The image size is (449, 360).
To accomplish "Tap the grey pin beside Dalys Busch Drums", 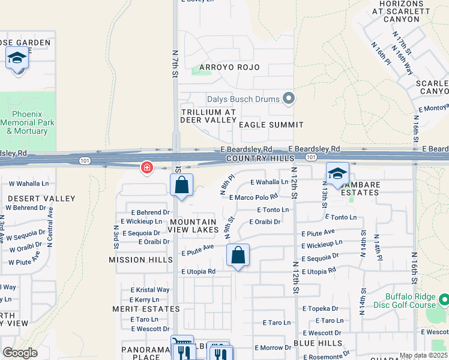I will coord(289,98).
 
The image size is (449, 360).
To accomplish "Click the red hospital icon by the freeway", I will coord(146,168).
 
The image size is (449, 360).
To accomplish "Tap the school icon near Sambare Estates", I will coord(337,174).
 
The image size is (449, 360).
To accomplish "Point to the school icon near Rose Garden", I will coord(17,58).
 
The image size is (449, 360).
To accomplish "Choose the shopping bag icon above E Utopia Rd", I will coord(238,256).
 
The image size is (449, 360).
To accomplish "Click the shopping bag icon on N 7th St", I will coord(182,186).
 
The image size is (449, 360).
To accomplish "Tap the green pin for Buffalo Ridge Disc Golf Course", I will coord(444,298).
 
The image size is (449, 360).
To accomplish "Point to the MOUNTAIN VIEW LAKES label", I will coord(196,226).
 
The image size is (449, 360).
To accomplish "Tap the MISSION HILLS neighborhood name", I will coord(136,260).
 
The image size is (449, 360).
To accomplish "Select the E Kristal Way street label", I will coord(149,289).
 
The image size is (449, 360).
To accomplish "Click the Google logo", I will coord(20,353).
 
